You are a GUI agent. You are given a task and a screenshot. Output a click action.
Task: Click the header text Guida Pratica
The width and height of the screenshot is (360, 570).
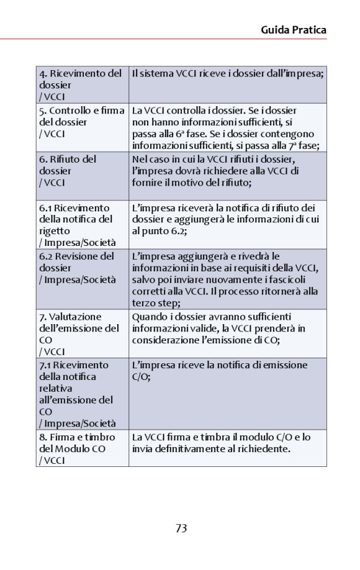point(294,30)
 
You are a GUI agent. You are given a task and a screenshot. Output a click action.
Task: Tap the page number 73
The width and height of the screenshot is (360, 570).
point(181,528)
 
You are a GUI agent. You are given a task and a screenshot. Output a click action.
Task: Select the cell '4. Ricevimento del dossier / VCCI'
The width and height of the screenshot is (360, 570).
point(82,84)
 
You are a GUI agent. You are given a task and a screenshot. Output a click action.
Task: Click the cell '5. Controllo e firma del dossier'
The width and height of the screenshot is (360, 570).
point(82,122)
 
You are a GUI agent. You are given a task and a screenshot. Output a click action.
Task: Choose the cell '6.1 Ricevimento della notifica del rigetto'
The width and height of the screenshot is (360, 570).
point(82,225)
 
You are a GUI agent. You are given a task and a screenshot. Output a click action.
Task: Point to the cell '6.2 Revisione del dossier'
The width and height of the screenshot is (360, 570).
point(82,268)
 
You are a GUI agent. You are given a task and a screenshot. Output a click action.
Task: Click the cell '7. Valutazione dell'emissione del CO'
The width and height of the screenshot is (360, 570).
point(82,334)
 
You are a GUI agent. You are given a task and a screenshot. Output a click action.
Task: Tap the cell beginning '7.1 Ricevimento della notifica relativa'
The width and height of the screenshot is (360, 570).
point(82,394)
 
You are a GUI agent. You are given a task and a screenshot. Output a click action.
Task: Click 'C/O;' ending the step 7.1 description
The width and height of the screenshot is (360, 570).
point(142,376)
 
